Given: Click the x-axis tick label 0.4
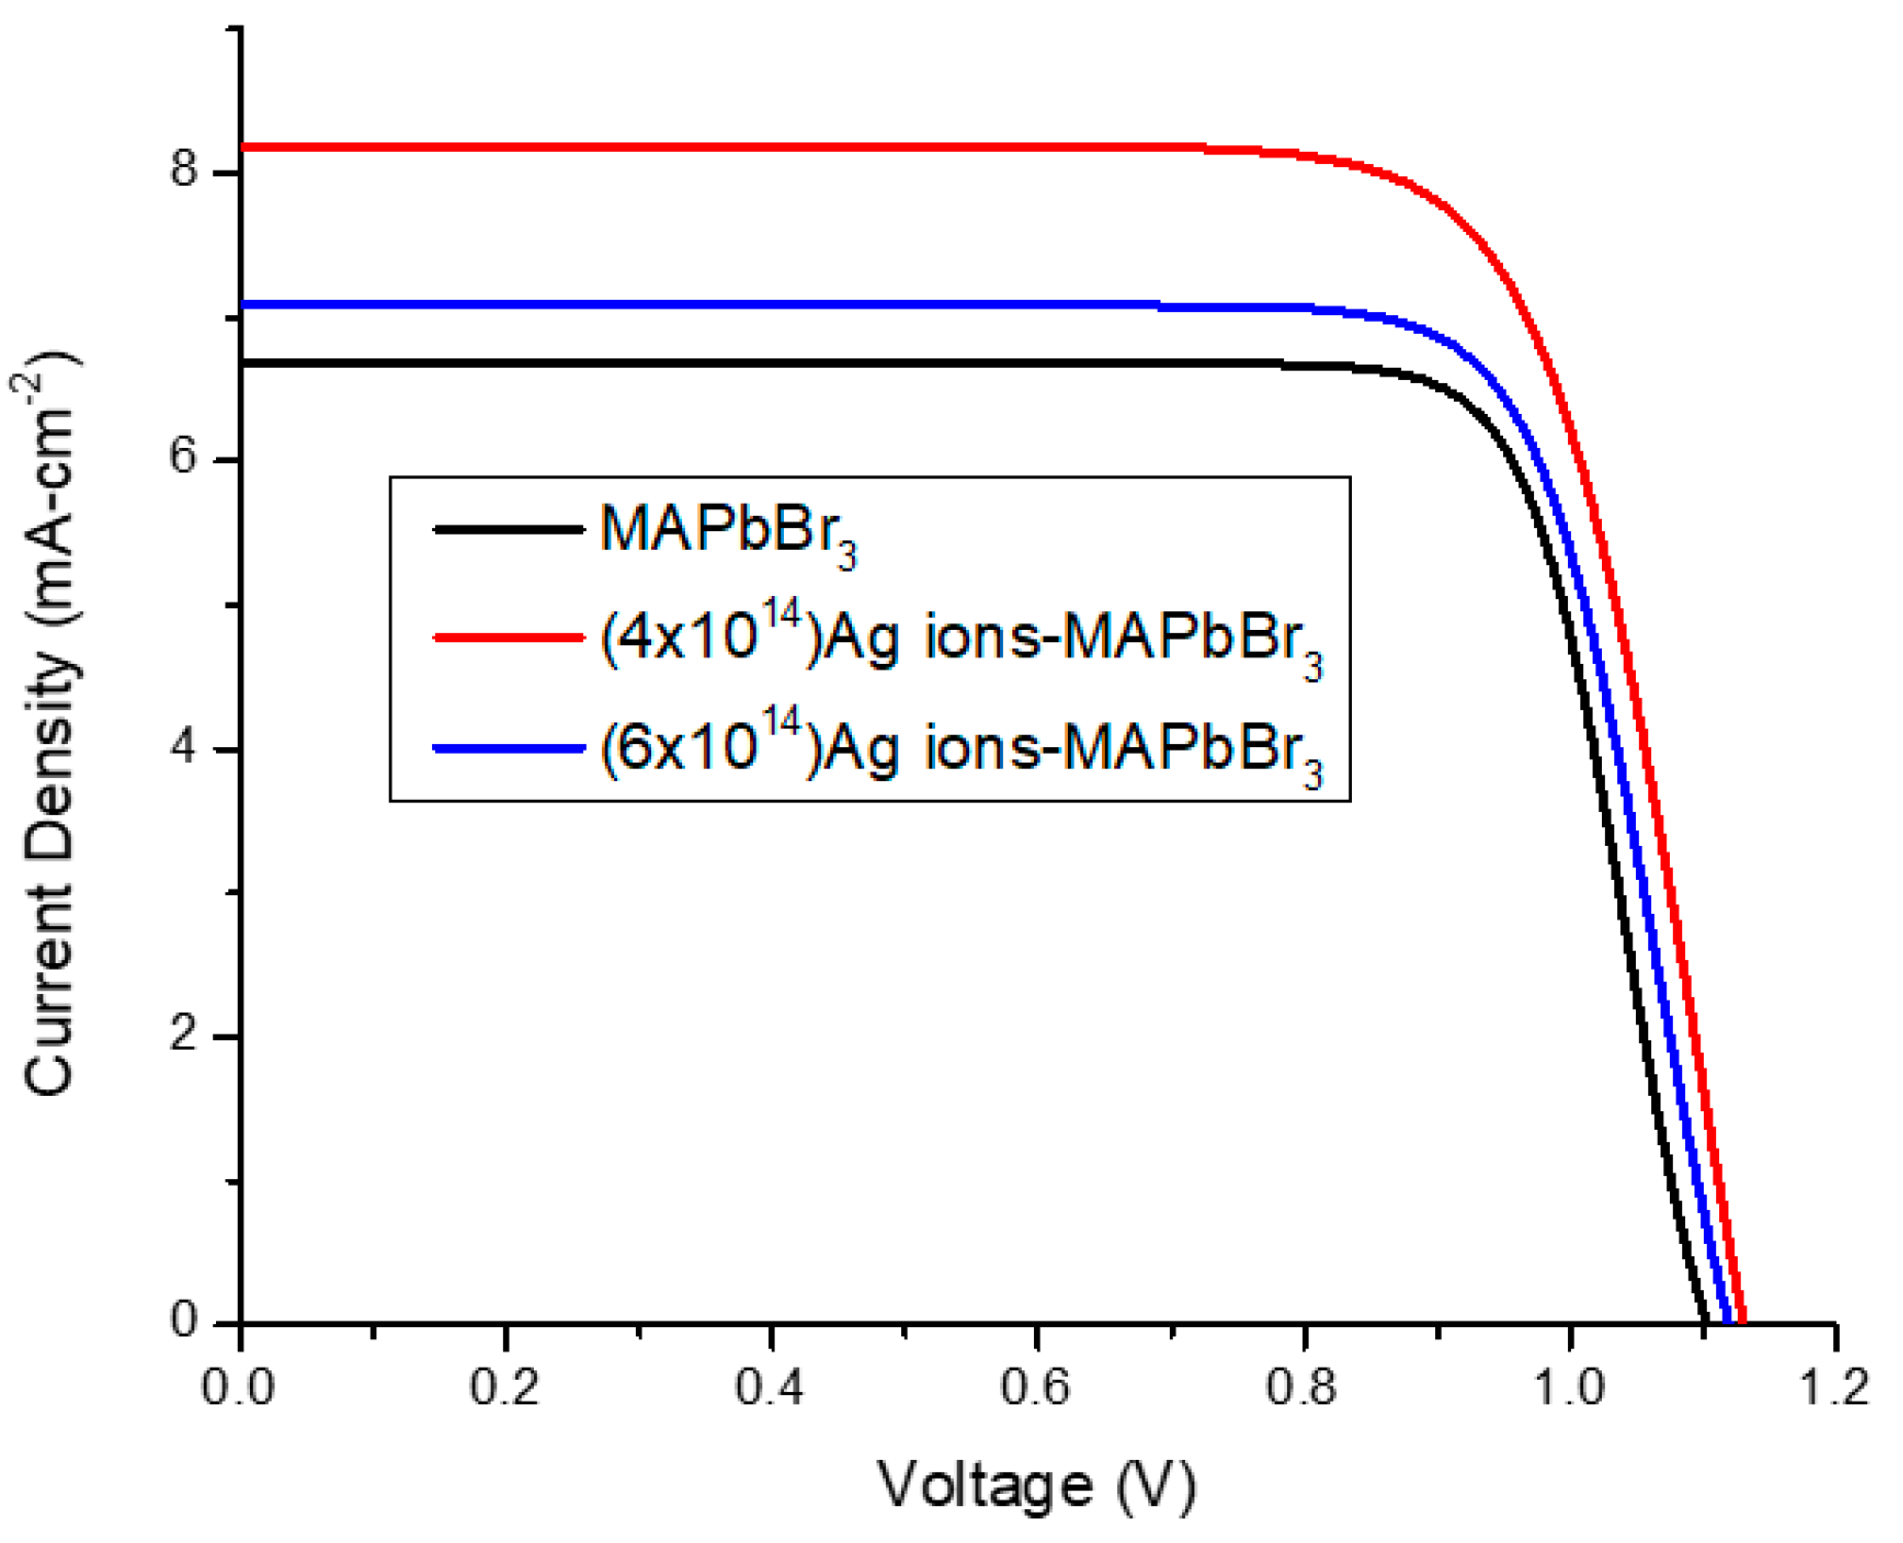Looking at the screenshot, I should click(x=769, y=1388).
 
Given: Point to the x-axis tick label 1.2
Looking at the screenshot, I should click(x=1833, y=1388).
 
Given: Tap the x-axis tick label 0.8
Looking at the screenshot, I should click(x=1301, y=1388).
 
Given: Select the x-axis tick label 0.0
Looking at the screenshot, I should click(x=238, y=1388).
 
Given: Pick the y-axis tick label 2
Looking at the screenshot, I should click(x=183, y=1035).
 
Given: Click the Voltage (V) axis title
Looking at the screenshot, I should click(x=1036, y=1485).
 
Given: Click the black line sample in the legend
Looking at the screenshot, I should click(x=508, y=529).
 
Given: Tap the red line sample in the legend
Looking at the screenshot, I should click(x=508, y=639).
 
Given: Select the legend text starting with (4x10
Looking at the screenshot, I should click(x=960, y=639).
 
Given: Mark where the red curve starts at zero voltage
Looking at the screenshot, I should click(x=243, y=147).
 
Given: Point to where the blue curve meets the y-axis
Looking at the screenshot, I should click(x=243, y=305).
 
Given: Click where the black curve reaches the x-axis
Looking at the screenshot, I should click(x=1704, y=1321).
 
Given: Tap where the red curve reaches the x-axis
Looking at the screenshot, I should click(x=1742, y=1321).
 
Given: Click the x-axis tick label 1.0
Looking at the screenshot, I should click(x=1568, y=1388).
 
